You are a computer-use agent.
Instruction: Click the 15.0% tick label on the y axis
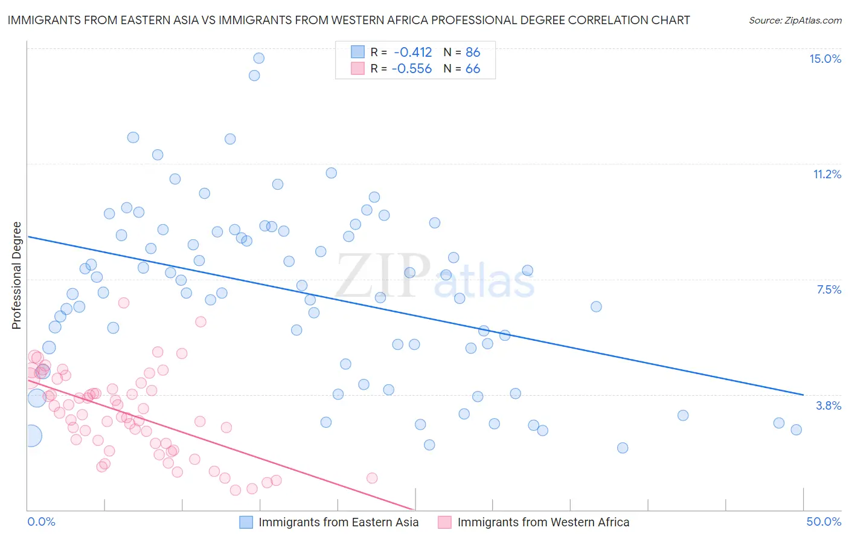pyautogui.click(x=825, y=59)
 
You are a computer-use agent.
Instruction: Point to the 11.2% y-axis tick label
pyautogui.click(x=827, y=174)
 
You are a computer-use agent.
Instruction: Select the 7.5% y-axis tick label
pyautogui.click(x=828, y=289)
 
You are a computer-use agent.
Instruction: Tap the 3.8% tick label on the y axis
pyautogui.click(x=828, y=405)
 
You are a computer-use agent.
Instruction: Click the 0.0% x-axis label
pyautogui.click(x=41, y=521)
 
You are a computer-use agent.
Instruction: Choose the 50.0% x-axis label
pyautogui.click(x=824, y=521)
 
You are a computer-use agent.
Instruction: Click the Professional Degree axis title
pyautogui.click(x=16, y=276)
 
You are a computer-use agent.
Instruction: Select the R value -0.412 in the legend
pyautogui.click(x=413, y=53)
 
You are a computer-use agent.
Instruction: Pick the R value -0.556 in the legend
pyautogui.click(x=412, y=69)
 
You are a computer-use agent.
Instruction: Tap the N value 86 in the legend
pyautogui.click(x=473, y=53)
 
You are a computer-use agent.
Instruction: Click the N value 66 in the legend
pyautogui.click(x=473, y=69)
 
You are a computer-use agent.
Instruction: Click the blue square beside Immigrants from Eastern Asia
pyautogui.click(x=246, y=522)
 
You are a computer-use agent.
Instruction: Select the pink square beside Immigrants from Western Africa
pyautogui.click(x=444, y=522)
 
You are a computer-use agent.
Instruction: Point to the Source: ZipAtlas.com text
pyautogui.click(x=795, y=21)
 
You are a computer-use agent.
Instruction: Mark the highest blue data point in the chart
pyautogui.click(x=258, y=58)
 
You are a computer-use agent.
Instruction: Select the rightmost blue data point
pyautogui.click(x=796, y=430)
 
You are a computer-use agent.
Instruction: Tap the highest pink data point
pyautogui.click(x=124, y=303)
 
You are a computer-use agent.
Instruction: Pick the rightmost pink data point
pyautogui.click(x=372, y=478)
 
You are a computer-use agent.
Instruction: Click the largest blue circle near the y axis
pyautogui.click(x=31, y=435)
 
